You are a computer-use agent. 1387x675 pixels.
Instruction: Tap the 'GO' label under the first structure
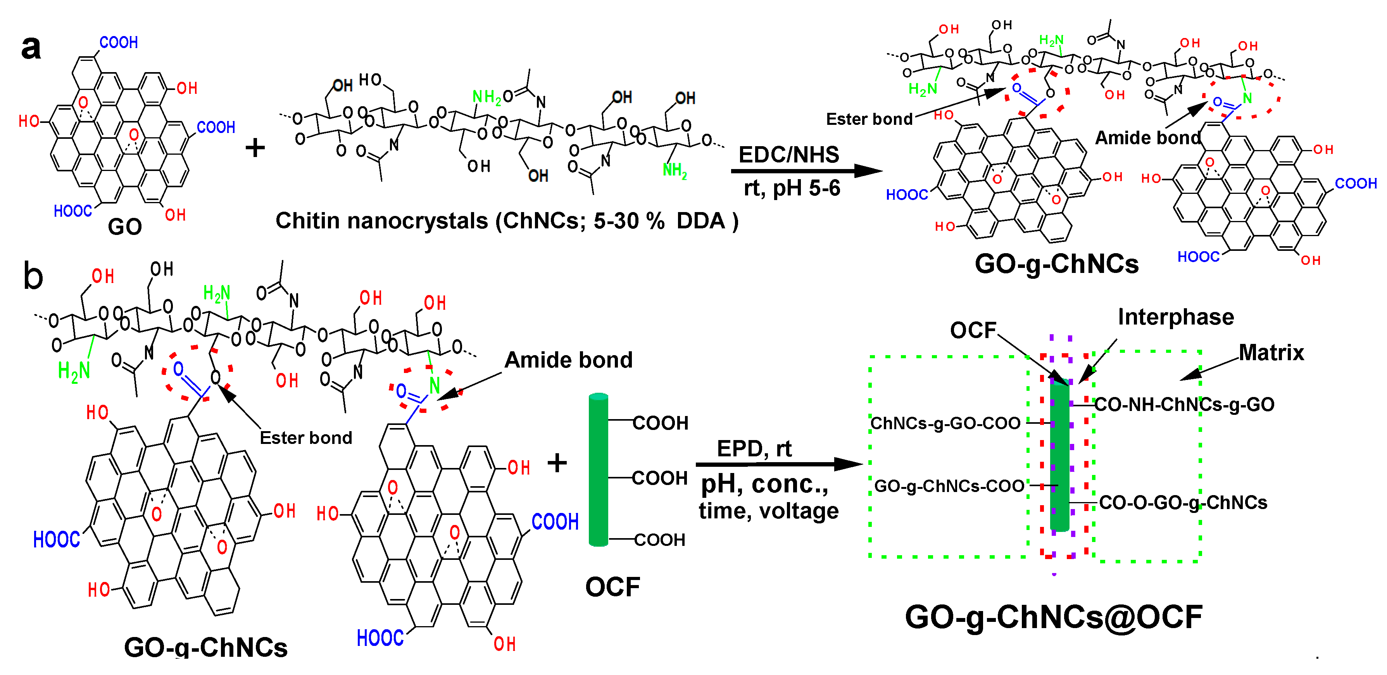pos(125,227)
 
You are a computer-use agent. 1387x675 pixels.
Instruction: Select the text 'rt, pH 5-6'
pos(792,188)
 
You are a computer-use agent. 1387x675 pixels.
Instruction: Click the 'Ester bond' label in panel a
pos(869,119)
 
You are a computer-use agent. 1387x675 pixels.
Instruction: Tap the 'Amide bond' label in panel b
pos(568,360)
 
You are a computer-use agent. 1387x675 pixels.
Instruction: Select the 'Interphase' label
pos(1175,317)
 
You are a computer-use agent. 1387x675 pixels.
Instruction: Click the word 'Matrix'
pos(1271,353)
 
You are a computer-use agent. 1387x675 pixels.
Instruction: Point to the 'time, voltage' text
pos(768,511)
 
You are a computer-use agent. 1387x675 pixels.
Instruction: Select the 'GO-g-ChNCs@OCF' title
pos(1053,617)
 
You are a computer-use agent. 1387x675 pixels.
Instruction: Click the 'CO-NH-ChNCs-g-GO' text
pos(1185,404)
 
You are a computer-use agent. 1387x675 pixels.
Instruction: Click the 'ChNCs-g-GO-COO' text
pos(945,423)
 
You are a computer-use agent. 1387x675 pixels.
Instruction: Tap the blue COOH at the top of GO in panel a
pos(119,43)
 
